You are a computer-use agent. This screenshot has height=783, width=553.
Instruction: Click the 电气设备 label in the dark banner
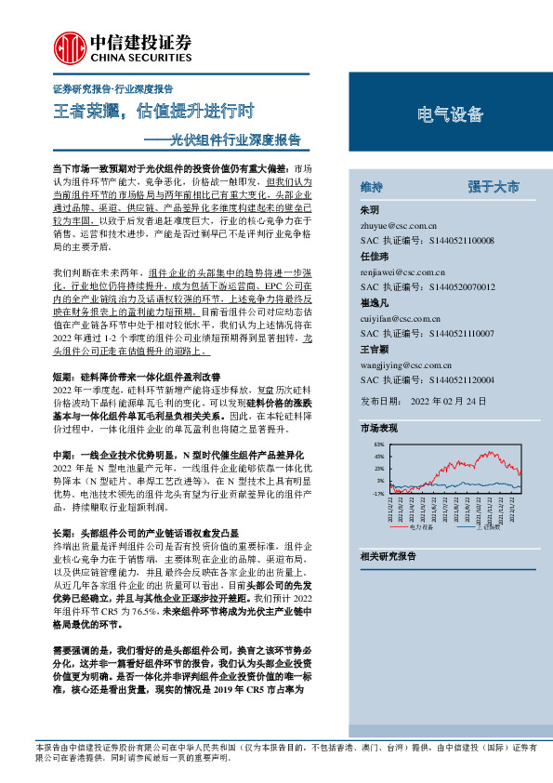click(451, 114)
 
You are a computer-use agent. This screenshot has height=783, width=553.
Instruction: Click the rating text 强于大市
click(494, 187)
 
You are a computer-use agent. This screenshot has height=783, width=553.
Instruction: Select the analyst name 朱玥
click(369, 210)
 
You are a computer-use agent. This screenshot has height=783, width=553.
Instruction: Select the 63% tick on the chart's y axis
click(377, 446)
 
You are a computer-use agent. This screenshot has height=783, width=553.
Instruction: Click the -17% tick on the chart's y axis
click(376, 494)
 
